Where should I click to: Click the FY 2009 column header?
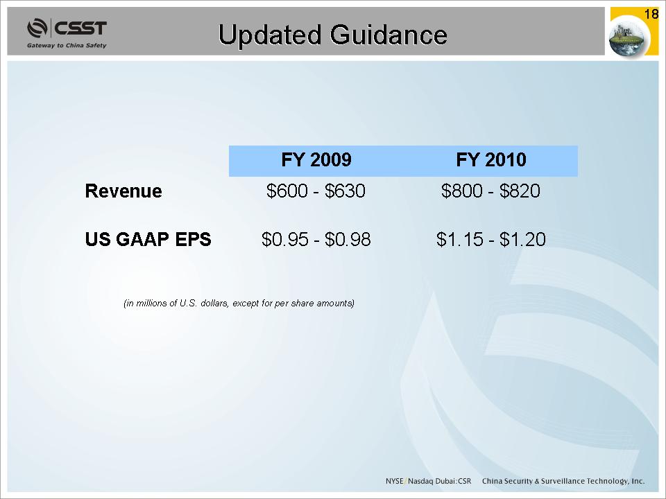click(316, 160)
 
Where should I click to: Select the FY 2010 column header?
click(491, 160)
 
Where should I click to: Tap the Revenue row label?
click(123, 191)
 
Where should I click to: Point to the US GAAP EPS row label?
click(148, 239)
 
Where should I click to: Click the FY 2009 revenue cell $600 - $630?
click(316, 191)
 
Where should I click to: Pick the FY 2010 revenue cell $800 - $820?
click(490, 191)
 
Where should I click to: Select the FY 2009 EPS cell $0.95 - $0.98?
click(316, 239)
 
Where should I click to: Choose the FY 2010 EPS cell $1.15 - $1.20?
click(491, 239)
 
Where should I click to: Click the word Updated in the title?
click(270, 35)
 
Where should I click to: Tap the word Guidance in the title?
click(388, 35)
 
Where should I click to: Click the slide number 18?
click(651, 15)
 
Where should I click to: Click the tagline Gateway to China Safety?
click(67, 46)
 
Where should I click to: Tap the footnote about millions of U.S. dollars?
click(239, 304)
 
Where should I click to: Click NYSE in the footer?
click(395, 481)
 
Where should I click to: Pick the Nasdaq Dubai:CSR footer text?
click(440, 481)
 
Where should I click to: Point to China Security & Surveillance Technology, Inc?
click(563, 481)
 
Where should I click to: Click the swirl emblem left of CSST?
click(37, 28)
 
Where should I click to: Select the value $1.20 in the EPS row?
click(522, 239)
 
